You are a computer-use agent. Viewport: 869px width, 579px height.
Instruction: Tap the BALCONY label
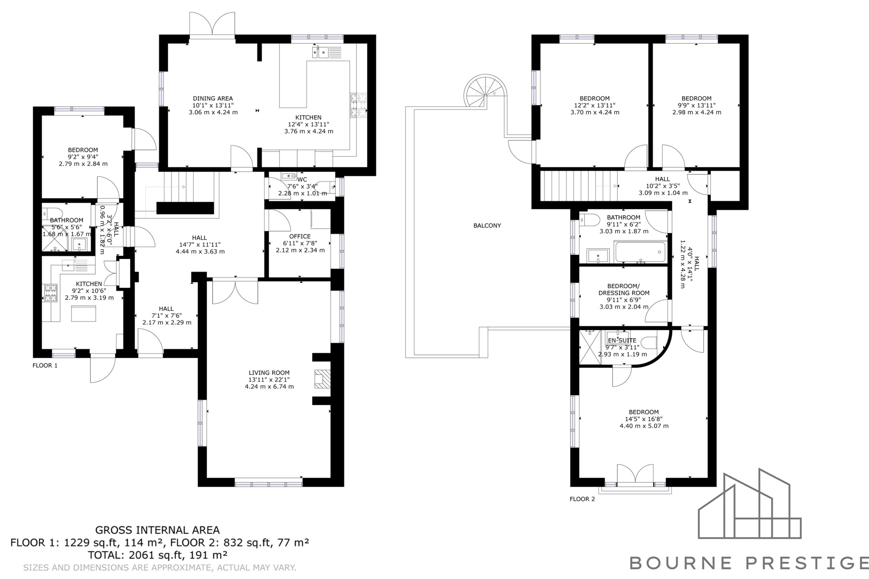487,226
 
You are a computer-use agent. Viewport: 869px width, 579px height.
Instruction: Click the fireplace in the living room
322,379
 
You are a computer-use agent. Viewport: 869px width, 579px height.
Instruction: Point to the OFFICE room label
300,236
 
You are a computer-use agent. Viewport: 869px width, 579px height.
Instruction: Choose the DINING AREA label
213,99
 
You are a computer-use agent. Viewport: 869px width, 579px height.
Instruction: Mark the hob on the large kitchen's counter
358,105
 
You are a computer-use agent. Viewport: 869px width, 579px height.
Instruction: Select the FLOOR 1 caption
45,366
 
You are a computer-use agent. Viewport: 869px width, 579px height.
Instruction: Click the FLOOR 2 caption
582,499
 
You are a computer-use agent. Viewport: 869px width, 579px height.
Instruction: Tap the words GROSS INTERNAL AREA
158,530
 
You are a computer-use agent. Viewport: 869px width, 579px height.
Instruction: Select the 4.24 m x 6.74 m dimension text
269,387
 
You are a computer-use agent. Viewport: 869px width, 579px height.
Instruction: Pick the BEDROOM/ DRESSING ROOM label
624,290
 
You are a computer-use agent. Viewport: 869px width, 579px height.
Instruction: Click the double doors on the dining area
212,24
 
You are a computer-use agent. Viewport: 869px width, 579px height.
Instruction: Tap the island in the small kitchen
84,313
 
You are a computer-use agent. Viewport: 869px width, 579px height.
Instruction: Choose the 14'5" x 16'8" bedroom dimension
644,419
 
